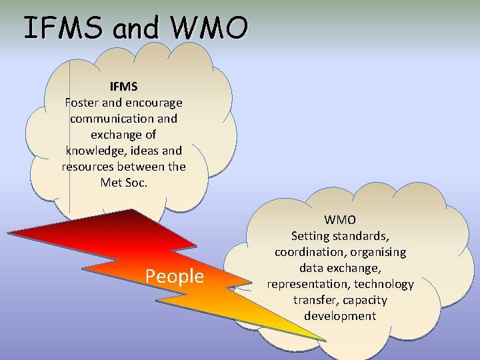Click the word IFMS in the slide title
(63, 28)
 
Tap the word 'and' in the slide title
(137, 28)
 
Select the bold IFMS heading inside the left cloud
(123, 87)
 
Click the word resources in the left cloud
(89, 167)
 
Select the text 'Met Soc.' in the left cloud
(123, 182)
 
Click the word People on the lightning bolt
(175, 276)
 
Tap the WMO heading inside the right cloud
(340, 220)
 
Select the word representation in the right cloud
(308, 284)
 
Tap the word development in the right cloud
(340, 316)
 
